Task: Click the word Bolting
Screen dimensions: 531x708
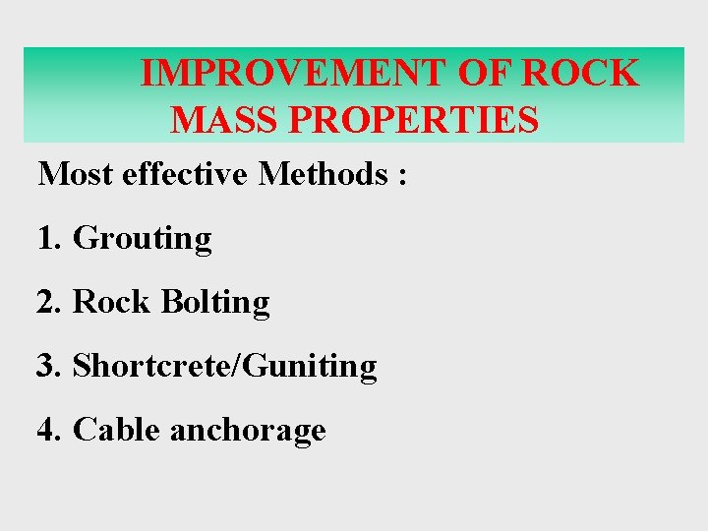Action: (214, 303)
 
